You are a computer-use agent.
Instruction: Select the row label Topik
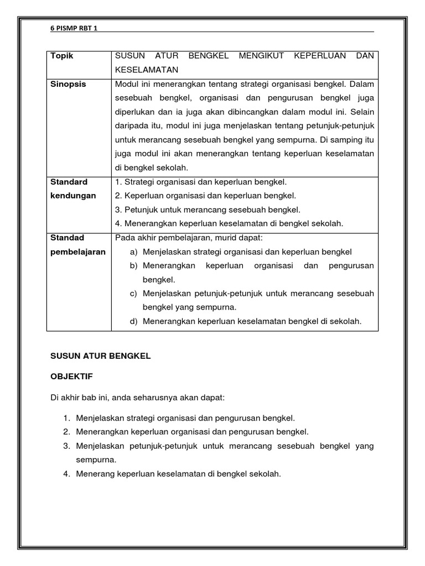click(x=61, y=56)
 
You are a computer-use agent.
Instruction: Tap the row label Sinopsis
click(x=69, y=84)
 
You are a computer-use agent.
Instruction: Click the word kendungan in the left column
click(x=73, y=196)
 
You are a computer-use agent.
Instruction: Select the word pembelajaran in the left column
click(x=78, y=251)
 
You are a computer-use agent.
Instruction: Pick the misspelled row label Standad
click(x=67, y=238)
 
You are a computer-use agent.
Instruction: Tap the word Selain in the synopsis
click(x=362, y=112)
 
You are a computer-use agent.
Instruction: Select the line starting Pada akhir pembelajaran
click(x=188, y=238)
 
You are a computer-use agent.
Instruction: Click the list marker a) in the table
click(x=133, y=252)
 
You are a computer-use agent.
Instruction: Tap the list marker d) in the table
click(x=133, y=321)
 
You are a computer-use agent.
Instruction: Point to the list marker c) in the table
click(x=133, y=294)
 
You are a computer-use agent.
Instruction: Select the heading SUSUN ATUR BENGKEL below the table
click(x=100, y=357)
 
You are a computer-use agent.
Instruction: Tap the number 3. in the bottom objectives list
click(x=66, y=446)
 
